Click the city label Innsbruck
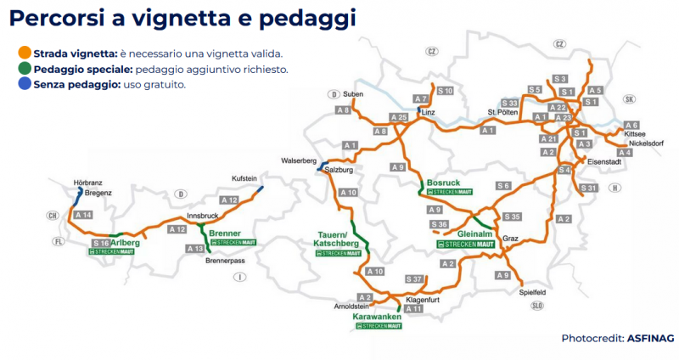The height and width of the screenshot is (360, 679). point(203,216)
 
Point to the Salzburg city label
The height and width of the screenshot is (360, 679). point(339,170)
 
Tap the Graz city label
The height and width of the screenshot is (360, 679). point(510,239)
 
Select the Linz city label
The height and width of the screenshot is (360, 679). point(428,112)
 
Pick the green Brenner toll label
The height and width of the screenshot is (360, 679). point(225,233)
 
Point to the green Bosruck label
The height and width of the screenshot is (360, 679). point(445,183)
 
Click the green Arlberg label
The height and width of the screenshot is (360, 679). point(125,243)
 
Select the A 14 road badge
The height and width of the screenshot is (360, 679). point(82,216)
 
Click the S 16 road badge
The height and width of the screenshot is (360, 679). point(101,243)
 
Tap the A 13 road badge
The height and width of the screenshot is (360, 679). point(195,248)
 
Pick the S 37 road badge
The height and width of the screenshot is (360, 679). point(414,278)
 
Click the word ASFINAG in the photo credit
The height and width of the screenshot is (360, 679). point(652,338)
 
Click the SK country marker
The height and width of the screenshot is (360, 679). point(629,99)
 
